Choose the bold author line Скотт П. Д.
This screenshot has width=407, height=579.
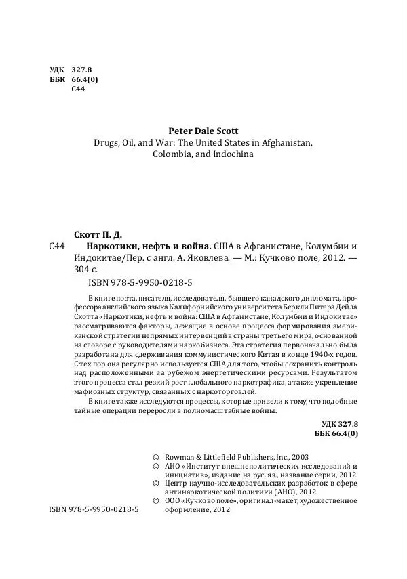coord(100,233)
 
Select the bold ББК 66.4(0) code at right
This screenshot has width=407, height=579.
coord(337,432)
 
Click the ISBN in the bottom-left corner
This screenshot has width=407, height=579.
coord(94,508)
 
